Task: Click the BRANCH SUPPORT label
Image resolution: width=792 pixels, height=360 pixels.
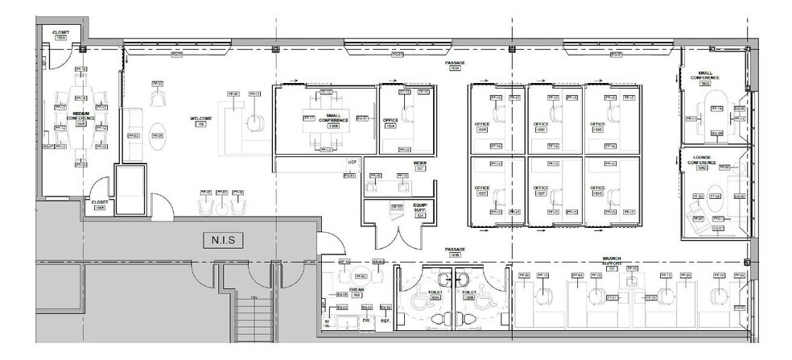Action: click(612, 261)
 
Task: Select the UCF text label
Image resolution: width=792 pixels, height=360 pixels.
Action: click(352, 162)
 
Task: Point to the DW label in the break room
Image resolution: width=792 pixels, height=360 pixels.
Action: click(366, 321)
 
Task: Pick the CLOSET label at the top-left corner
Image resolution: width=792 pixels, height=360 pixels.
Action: click(60, 35)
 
